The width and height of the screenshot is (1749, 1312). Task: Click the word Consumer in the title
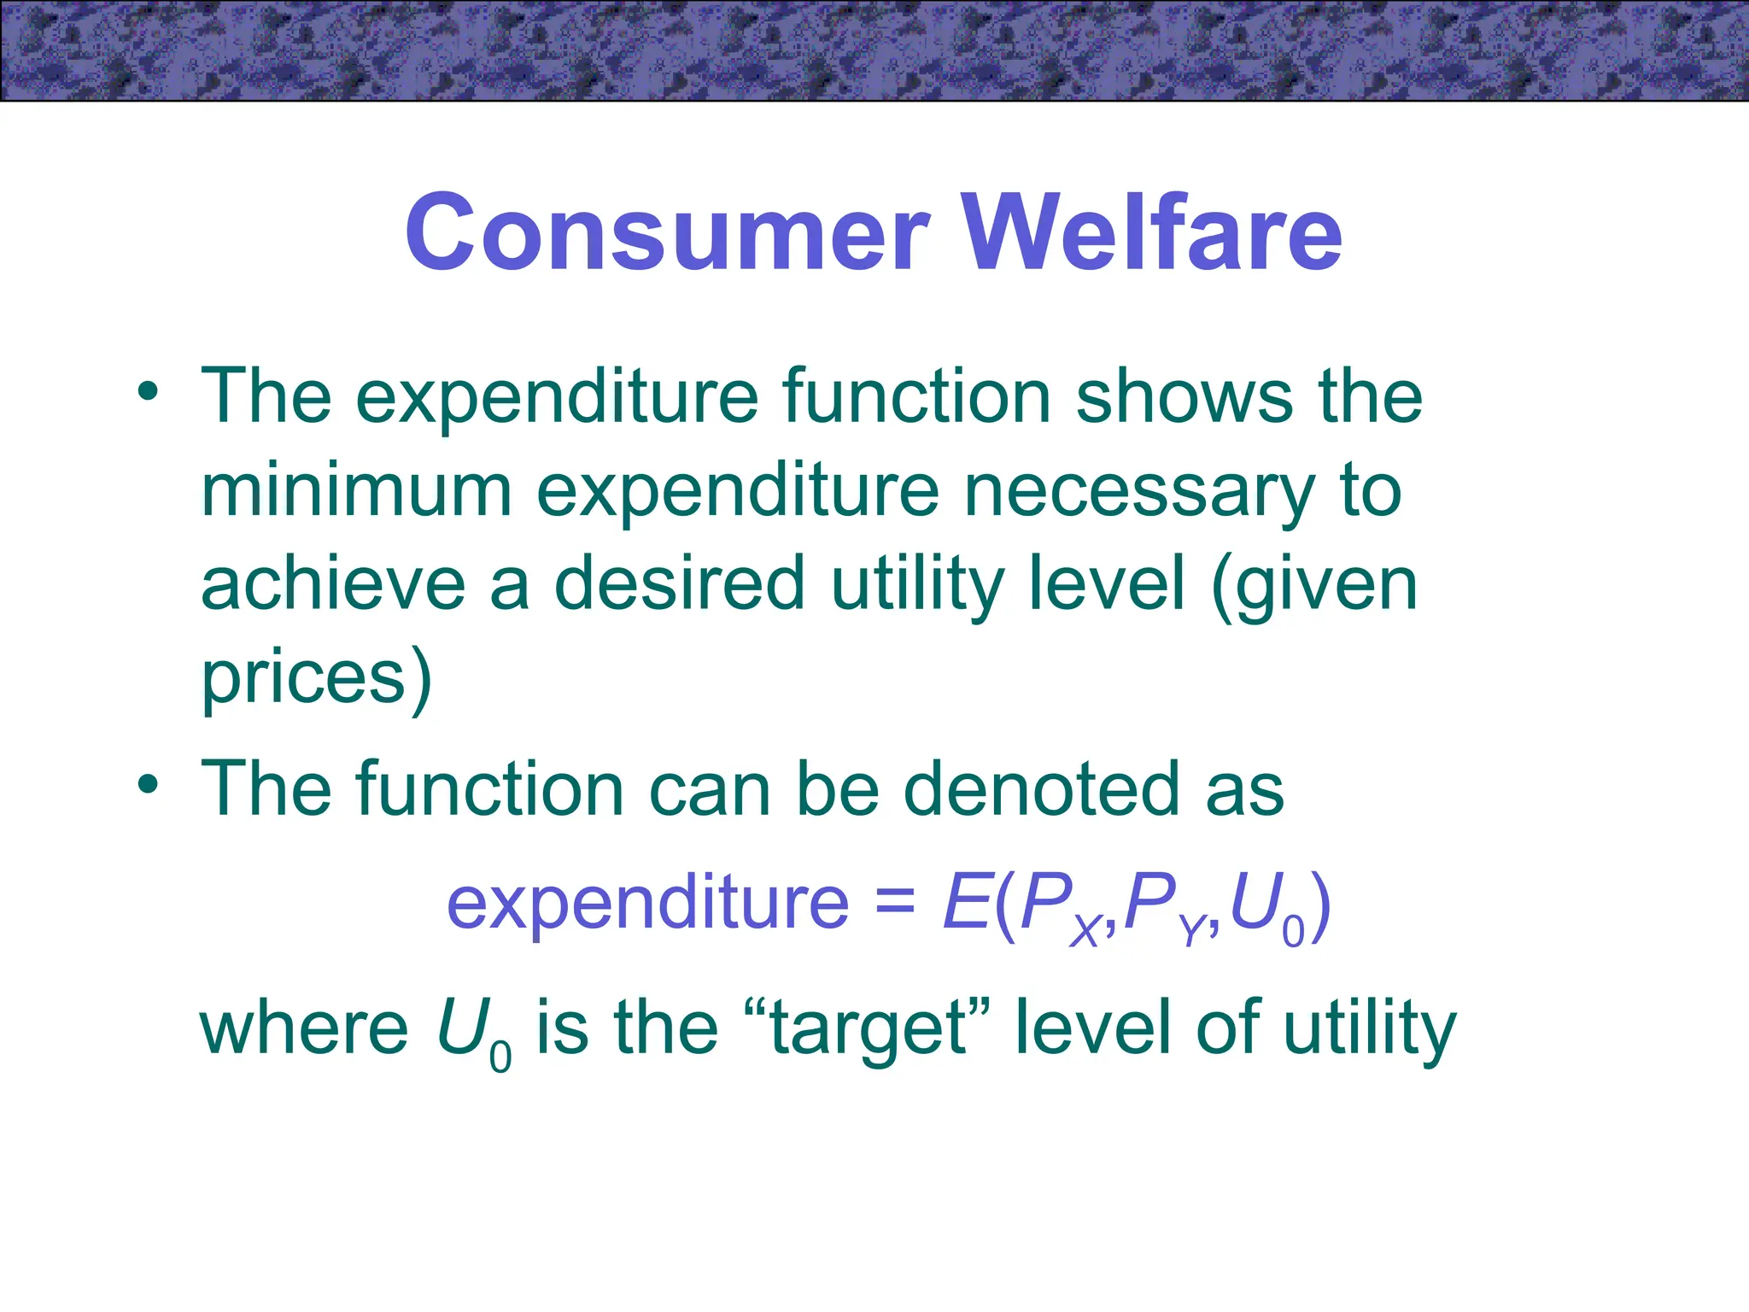[x=667, y=232]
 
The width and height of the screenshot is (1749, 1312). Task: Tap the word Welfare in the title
[x=1152, y=232]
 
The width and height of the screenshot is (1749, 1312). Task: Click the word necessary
[x=1139, y=494]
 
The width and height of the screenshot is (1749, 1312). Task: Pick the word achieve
[x=333, y=584]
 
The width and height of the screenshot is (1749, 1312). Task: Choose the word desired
[x=680, y=584]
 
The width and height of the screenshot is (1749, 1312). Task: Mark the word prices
[x=303, y=680]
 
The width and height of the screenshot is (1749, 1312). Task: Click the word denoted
[x=1042, y=789]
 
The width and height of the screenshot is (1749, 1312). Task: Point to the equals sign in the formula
[x=895, y=904]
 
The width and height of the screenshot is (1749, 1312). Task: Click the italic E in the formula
[x=968, y=902]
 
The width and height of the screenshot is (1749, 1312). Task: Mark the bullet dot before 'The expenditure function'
[x=149, y=392]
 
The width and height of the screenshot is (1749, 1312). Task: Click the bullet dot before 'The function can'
[x=149, y=783]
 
